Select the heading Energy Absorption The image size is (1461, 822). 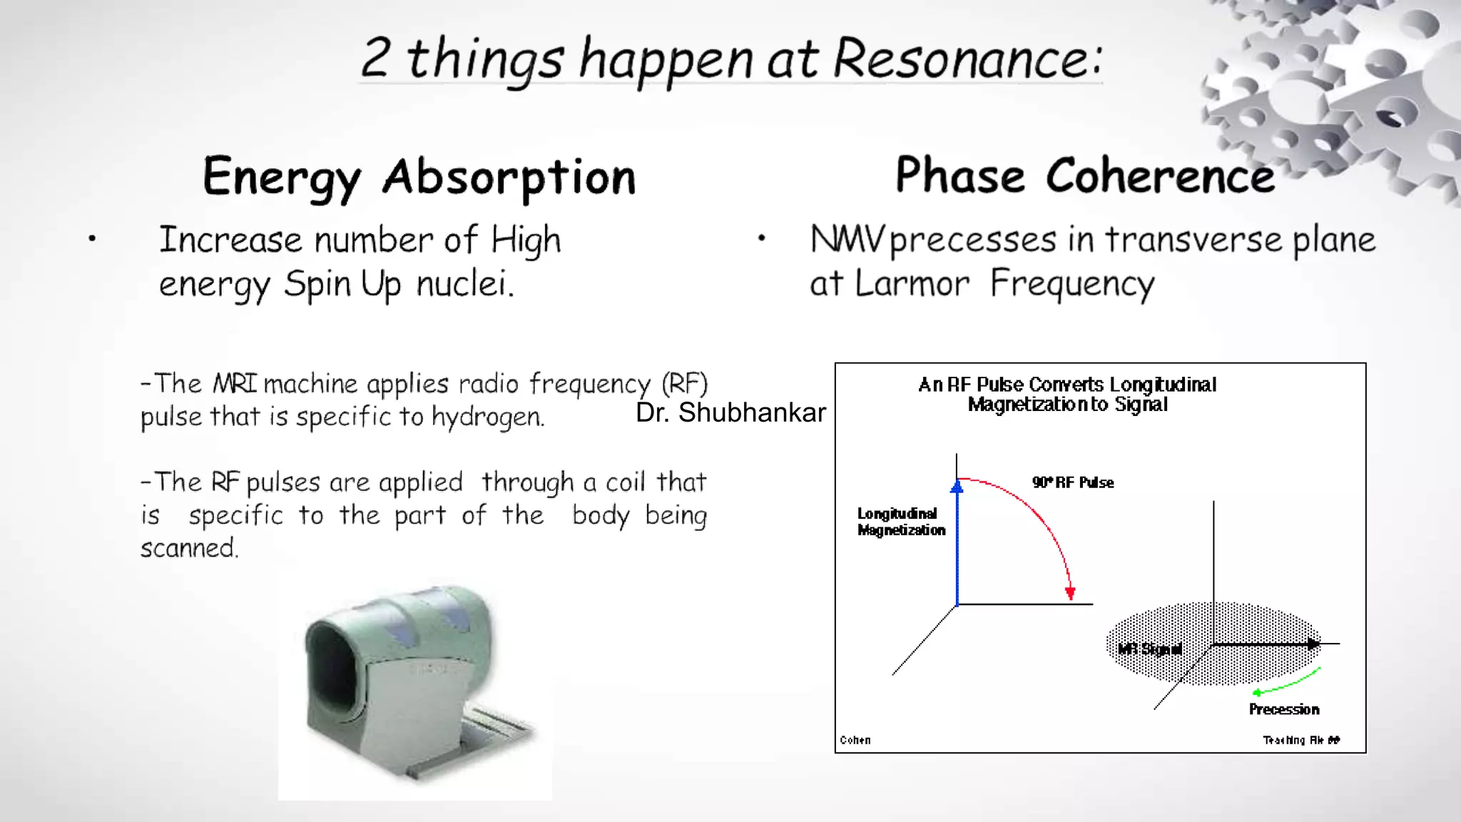[419, 176]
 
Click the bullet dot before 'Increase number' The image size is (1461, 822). [92, 239]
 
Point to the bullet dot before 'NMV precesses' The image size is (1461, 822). [761, 238]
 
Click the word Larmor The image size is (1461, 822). [912, 283]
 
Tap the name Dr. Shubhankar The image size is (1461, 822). [730, 412]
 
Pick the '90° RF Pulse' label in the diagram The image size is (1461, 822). [1072, 482]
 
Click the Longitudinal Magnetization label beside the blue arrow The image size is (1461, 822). [900, 522]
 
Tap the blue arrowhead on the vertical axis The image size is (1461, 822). [957, 487]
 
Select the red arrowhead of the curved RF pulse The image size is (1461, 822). [1069, 594]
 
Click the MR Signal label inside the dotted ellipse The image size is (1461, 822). [1149, 649]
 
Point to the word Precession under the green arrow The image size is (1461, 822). [1283, 709]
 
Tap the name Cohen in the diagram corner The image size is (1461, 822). [855, 740]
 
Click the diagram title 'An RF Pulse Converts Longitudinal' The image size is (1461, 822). [1067, 385]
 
